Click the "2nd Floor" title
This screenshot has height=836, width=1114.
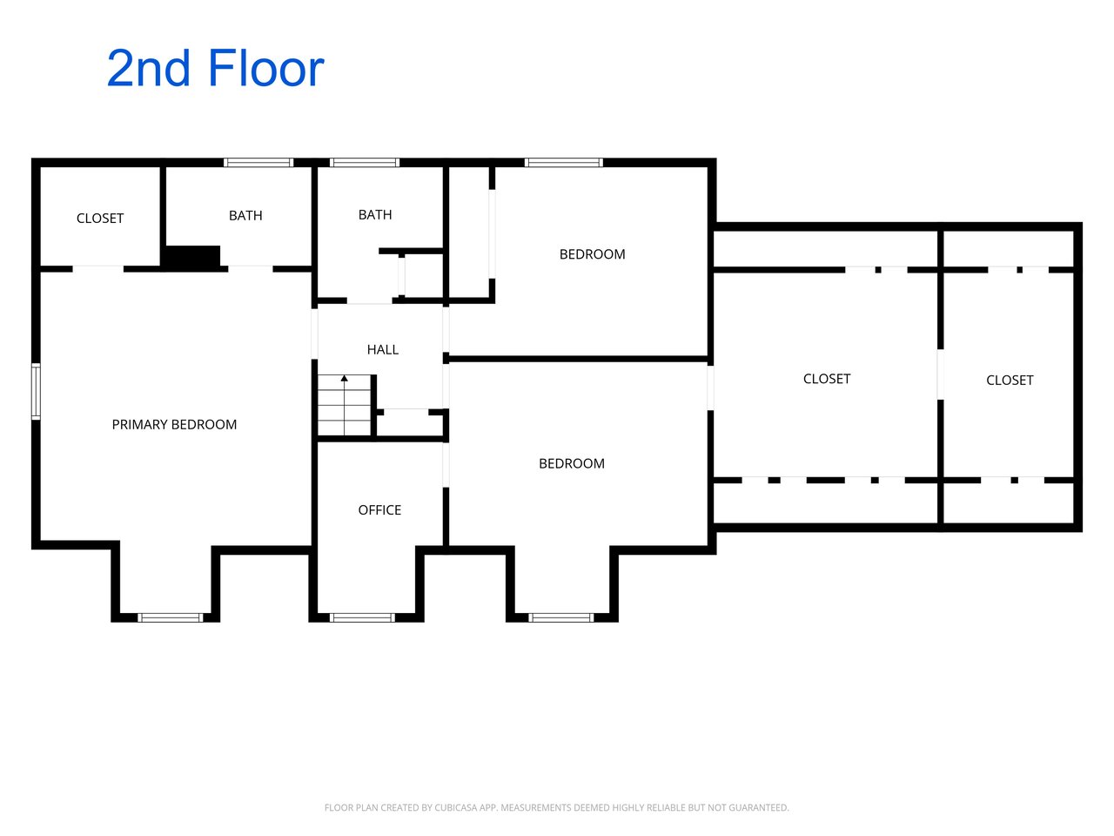click(x=215, y=69)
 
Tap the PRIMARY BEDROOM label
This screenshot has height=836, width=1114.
click(x=174, y=424)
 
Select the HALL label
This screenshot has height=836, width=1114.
click(x=383, y=350)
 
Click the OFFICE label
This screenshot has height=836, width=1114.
click(x=379, y=510)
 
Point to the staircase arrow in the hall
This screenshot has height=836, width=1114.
click(x=345, y=405)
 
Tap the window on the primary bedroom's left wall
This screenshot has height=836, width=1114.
click(x=36, y=391)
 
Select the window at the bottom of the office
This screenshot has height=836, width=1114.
click(x=362, y=617)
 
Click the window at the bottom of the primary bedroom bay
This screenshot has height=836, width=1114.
click(x=171, y=617)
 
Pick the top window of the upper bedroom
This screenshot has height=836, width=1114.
click(x=564, y=163)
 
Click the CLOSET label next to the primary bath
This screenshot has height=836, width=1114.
click(x=100, y=219)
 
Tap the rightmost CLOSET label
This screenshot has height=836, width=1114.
click(x=1010, y=381)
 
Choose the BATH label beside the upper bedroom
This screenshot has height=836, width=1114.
click(x=375, y=215)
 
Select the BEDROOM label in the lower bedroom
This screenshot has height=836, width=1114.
click(x=572, y=463)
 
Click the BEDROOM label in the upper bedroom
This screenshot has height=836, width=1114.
click(x=593, y=254)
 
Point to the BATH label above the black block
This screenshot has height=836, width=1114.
click(x=245, y=216)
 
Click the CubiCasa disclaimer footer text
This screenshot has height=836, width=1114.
click(x=557, y=807)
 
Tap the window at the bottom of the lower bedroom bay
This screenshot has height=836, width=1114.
click(x=560, y=617)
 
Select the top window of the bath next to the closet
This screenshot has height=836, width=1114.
click(x=258, y=163)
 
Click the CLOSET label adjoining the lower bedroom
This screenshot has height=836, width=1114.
click(x=827, y=379)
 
